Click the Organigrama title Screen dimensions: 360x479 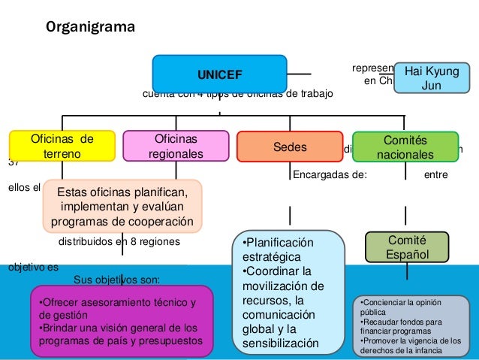pyautogui.click(x=91, y=29)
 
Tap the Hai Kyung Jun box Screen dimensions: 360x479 pyautogui.click(x=431, y=77)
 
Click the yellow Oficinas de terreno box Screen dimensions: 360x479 pyautogui.click(x=62, y=146)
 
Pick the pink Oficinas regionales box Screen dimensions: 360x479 pyautogui.click(x=175, y=146)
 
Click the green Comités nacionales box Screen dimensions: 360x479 pyautogui.click(x=405, y=147)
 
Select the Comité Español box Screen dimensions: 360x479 pyautogui.click(x=406, y=247)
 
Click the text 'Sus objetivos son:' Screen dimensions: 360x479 pyautogui.click(x=116, y=280)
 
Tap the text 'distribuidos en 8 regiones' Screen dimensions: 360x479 pyautogui.click(x=119, y=242)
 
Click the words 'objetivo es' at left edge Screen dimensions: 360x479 pyautogui.click(x=22, y=266)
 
